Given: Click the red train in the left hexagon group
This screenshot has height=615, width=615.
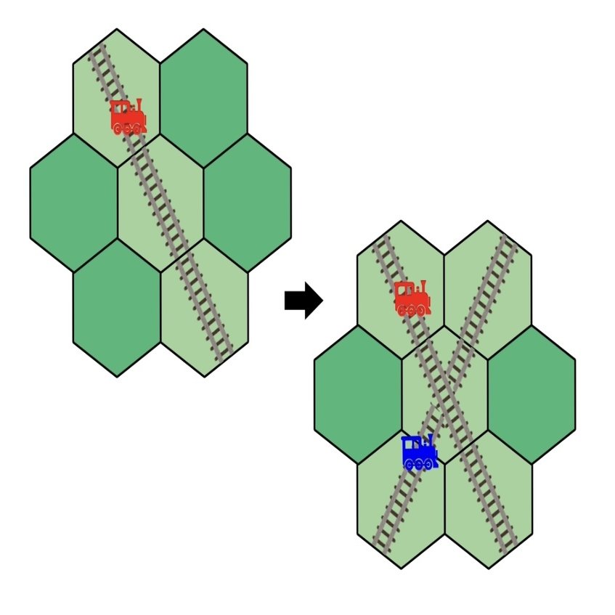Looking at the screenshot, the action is [x=128, y=117].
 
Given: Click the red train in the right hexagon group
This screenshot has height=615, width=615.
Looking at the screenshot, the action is [x=412, y=298].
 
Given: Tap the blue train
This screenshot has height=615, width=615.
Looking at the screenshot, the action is [x=419, y=452].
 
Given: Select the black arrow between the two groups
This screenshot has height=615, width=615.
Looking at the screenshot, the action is [x=303, y=300].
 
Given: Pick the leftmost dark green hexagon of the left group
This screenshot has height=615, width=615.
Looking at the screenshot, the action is [x=73, y=203].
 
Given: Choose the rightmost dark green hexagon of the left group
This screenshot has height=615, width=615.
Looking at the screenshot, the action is [x=247, y=203].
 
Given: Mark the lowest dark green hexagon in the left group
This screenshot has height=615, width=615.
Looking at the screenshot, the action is [x=117, y=307].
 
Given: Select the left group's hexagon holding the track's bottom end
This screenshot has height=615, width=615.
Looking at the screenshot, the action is [x=204, y=307].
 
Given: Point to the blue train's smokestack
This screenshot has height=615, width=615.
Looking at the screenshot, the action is [x=431, y=439].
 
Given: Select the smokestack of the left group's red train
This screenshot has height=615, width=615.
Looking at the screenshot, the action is [x=138, y=105].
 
